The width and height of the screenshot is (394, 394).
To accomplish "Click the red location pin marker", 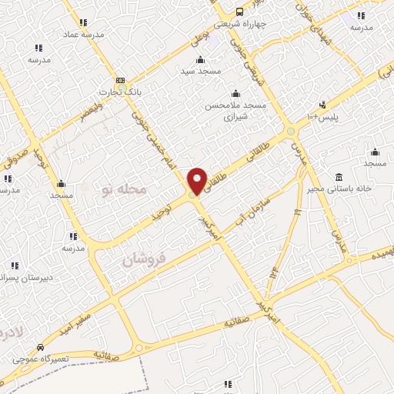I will click(x=196, y=180).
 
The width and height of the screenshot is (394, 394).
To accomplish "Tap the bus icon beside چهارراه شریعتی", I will click(x=240, y=12).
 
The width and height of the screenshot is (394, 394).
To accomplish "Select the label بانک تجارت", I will click(x=124, y=92).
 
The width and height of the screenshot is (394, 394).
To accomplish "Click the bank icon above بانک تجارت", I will click(x=120, y=80).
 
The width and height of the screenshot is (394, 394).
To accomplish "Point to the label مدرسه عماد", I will click(x=82, y=34).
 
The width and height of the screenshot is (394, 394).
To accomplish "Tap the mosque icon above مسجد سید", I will click(x=201, y=60).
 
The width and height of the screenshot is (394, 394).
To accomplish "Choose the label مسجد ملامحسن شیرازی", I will click(x=234, y=112).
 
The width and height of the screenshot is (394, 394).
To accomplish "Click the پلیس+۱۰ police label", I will click(x=323, y=117).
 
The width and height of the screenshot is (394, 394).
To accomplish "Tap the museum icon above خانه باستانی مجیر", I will click(x=339, y=176).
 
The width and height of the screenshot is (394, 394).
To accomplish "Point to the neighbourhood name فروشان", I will click(x=144, y=260).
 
